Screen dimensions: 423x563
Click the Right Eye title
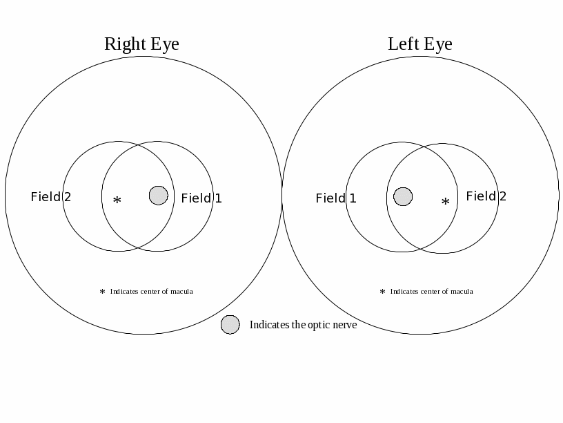pyautogui.click(x=141, y=44)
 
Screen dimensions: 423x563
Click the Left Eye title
pyautogui.click(x=419, y=44)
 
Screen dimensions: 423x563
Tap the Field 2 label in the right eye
pyautogui.click(x=50, y=197)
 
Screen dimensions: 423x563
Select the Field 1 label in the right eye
pyautogui.click(x=201, y=198)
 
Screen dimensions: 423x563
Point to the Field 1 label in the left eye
pyautogui.click(x=336, y=198)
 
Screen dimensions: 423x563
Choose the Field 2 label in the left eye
pyautogui.click(x=486, y=196)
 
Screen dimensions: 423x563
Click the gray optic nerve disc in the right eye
pyautogui.click(x=159, y=196)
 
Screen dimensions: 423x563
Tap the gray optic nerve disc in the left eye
pyautogui.click(x=403, y=197)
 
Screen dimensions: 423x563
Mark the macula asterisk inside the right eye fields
pyautogui.click(x=117, y=201)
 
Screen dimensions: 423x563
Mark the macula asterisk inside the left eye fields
pyautogui.click(x=445, y=203)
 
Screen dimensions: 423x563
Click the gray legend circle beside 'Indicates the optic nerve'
pyautogui.click(x=230, y=325)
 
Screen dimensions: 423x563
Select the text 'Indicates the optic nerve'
pyautogui.click(x=303, y=325)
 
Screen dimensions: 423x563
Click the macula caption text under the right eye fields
pyautogui.click(x=151, y=292)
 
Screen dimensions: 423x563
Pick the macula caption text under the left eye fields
pyautogui.click(x=431, y=292)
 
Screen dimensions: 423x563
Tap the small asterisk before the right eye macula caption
pyautogui.click(x=102, y=292)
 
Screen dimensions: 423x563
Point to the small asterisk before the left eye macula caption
pyautogui.click(x=382, y=292)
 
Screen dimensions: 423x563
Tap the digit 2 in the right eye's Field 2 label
pyautogui.click(x=67, y=197)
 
